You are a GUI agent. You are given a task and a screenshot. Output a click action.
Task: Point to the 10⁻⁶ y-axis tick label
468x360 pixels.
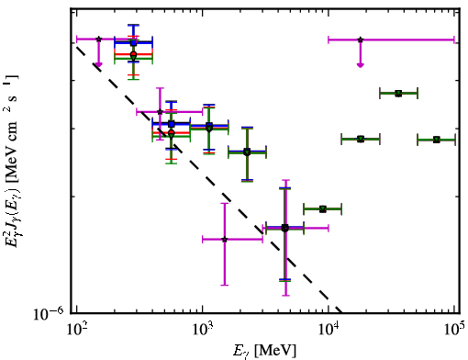point(49,313)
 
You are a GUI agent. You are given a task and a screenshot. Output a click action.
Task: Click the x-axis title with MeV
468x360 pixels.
point(264,351)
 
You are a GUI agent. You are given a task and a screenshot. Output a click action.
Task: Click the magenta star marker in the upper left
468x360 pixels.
point(98,39)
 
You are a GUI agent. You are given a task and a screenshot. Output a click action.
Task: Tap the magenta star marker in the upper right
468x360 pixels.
point(361,39)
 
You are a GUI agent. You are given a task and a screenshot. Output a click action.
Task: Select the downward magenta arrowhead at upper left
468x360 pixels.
point(98,64)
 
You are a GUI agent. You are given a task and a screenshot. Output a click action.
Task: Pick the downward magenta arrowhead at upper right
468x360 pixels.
point(361,64)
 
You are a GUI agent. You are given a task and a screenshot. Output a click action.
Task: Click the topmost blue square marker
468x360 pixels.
point(133,43)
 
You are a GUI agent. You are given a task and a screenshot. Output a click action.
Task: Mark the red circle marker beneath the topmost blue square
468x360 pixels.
point(133,54)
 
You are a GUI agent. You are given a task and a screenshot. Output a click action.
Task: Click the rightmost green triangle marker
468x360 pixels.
point(437,140)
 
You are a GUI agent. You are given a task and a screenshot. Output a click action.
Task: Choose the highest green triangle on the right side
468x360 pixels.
point(398,94)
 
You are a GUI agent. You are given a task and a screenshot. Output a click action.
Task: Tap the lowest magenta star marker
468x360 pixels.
point(225,240)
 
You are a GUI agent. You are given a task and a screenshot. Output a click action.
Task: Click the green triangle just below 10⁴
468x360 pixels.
point(323,209)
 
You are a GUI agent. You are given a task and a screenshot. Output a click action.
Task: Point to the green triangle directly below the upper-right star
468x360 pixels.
point(361,140)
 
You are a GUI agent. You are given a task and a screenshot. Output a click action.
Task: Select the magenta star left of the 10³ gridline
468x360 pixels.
point(160,112)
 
